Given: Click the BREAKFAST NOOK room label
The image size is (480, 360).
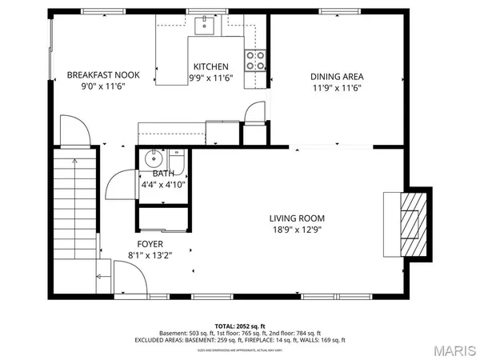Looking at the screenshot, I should point(103,75).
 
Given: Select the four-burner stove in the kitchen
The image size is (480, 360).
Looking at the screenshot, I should point(256,61).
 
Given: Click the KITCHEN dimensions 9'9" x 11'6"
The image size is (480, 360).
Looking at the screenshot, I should point(210,78).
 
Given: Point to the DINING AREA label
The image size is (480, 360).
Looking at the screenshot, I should point(336,78).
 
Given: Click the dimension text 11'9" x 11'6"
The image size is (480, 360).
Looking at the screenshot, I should point(336,89).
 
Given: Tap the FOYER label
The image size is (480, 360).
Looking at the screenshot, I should point(150,244).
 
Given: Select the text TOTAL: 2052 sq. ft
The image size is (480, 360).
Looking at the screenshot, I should point(239,326).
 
